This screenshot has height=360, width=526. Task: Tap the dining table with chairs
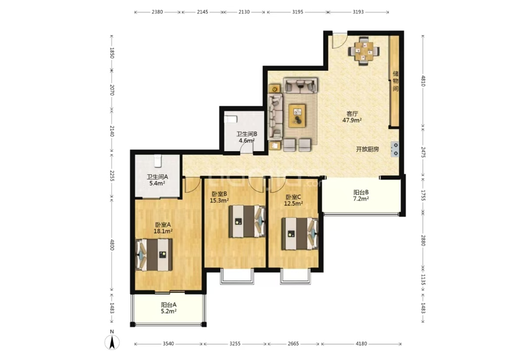pos(364,51)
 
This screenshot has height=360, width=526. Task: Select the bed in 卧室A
pos(154,255)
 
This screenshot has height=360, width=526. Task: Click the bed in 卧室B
pos(247,221)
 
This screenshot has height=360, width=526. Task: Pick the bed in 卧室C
pos(300,233)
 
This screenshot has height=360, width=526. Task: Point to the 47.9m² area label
pos(352,120)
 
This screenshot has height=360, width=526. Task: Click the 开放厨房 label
pos(367,150)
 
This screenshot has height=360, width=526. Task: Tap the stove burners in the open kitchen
pos(395,149)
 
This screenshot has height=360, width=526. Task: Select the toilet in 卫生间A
pos(158,160)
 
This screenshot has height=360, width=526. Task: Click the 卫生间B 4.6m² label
pos(246,137)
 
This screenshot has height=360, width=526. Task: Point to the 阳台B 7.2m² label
pos(361,196)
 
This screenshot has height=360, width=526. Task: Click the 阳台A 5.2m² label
pos(169,308)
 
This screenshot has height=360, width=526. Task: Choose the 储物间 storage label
pos(395,81)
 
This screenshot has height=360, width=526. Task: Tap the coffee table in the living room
pos(297,116)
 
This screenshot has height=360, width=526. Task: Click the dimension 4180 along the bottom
pos(361,343)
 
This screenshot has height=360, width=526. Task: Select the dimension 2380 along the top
pos(157,12)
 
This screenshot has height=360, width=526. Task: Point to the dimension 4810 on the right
pos(424,81)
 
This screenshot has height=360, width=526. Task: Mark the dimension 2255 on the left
pos(112,176)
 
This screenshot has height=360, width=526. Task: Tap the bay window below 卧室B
pos(236,276)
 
